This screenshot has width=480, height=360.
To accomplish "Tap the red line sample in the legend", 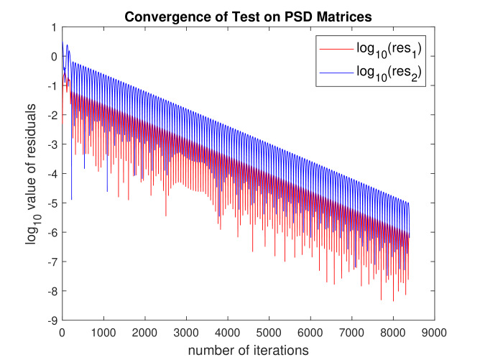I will [336, 50].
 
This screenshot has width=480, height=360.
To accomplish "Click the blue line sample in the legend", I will [336, 71].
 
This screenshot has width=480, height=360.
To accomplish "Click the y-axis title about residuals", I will [32, 174].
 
